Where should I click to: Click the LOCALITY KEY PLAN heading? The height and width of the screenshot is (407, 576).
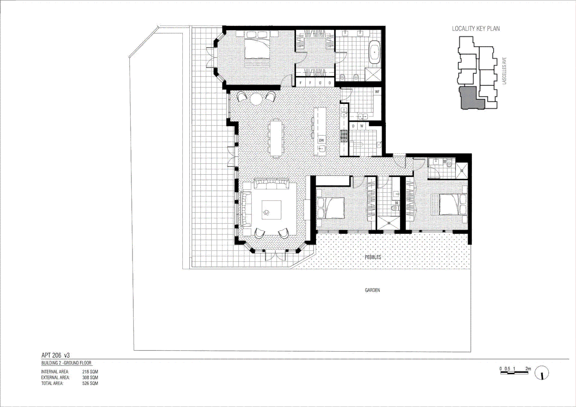point(476,29)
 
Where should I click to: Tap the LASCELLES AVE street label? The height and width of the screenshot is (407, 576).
point(504,71)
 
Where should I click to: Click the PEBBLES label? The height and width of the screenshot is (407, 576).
point(373,257)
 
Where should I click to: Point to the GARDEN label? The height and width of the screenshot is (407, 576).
point(372,290)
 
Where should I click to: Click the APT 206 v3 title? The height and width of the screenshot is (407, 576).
point(55,355)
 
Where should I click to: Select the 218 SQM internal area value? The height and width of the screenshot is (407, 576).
point(90,372)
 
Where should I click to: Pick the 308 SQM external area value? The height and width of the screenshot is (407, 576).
point(90,377)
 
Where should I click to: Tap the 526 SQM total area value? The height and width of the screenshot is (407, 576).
point(90,383)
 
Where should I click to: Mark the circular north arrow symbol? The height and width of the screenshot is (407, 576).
point(542,373)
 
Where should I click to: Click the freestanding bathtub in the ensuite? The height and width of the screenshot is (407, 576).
point(374,53)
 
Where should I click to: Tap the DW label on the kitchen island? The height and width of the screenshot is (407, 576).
point(321,141)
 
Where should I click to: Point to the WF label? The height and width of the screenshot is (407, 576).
point(377,92)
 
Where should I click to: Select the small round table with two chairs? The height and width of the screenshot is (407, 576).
point(256,99)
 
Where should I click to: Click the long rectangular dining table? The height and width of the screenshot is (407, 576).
point(276,138)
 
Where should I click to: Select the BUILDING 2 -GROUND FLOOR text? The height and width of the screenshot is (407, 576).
point(66,363)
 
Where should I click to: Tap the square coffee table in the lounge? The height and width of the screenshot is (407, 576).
point(271,210)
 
